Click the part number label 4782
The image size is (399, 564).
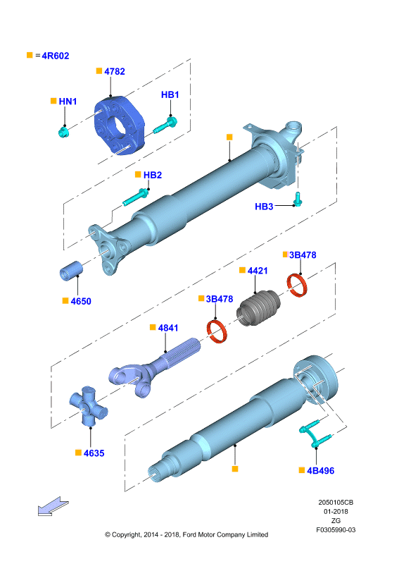click(115, 72)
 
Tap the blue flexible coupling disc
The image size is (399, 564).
click(119, 125)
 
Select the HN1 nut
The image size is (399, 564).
click(63, 132)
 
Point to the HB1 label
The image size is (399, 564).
click(170, 94)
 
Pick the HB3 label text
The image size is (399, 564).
click(264, 207)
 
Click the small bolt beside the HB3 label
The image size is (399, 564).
click(298, 199)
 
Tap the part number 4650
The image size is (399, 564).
click(81, 301)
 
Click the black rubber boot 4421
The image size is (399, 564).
click(258, 307)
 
